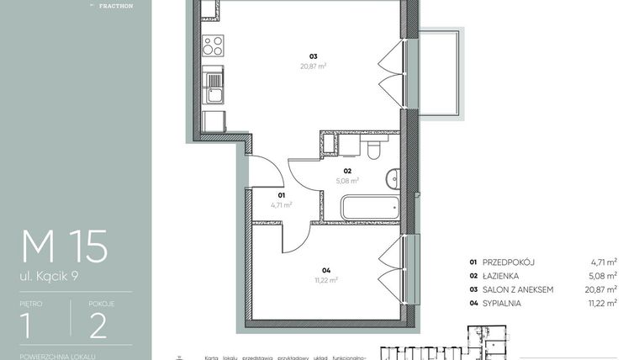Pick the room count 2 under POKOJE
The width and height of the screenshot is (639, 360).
(98, 324)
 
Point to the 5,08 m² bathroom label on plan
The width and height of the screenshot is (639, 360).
(346, 179)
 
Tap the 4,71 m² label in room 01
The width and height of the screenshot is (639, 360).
(281, 204)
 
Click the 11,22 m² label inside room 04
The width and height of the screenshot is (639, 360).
(325, 280)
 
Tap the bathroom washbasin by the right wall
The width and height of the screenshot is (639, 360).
(394, 178)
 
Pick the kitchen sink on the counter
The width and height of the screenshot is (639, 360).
(214, 82)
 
